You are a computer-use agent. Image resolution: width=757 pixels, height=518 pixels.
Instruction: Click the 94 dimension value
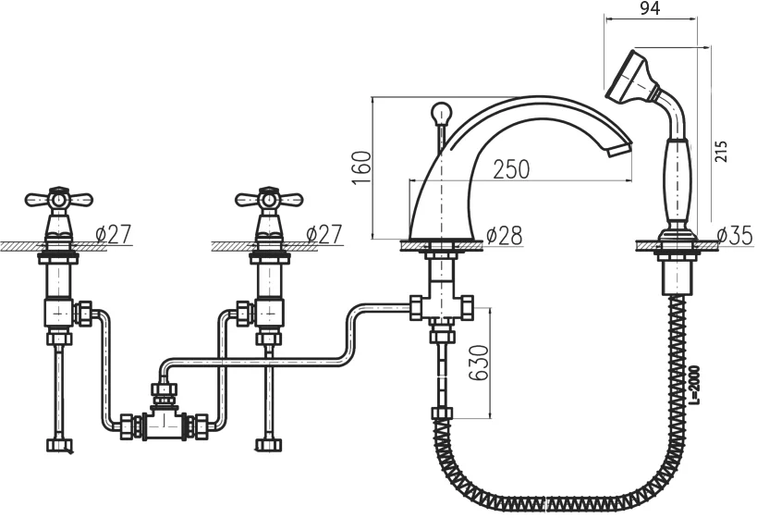[x=650, y=8]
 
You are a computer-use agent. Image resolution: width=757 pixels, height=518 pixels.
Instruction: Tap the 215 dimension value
[x=720, y=152]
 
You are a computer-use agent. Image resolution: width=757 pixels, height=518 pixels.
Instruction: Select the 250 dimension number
[x=511, y=169]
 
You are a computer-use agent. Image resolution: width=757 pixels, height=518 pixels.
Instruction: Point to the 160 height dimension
[x=361, y=167]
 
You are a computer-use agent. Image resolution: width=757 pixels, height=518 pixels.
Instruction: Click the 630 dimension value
[x=480, y=363]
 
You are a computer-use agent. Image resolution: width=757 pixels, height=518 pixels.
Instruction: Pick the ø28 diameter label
[x=504, y=236]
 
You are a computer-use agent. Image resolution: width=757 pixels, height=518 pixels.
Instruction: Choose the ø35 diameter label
[x=734, y=235]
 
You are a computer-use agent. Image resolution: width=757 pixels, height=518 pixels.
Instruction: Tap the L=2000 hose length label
[x=694, y=385]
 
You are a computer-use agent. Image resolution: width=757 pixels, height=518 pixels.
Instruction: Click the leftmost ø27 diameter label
[x=113, y=234]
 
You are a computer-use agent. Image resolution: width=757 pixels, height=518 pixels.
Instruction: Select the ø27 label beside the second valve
[x=324, y=234]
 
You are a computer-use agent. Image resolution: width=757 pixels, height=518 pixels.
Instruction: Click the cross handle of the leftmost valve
[x=59, y=198]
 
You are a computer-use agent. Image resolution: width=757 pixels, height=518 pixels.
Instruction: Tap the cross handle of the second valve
[x=269, y=198]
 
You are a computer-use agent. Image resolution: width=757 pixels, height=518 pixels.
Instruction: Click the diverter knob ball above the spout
[x=439, y=113]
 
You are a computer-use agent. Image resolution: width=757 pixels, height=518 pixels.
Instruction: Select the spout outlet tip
[x=619, y=148]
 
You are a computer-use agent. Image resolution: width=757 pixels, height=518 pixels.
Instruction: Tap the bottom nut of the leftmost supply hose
[x=59, y=445]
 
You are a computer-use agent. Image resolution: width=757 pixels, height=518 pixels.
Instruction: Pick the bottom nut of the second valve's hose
[x=267, y=445]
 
